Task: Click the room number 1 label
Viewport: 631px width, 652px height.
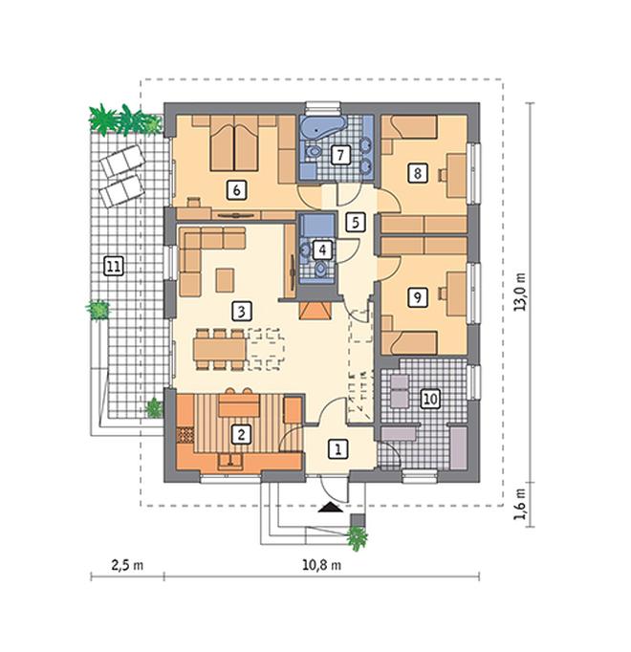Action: [x=337, y=449]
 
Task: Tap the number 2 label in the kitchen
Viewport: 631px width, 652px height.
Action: [x=241, y=435]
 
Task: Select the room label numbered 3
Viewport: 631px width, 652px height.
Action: [x=242, y=311]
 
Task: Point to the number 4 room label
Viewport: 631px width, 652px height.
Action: [x=322, y=250]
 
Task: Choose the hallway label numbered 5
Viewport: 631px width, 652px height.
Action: [x=356, y=223]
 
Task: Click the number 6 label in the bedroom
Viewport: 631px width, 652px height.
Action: [x=236, y=190]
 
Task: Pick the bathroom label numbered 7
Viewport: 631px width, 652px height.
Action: [x=340, y=155]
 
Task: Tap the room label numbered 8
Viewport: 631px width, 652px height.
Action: [x=418, y=172]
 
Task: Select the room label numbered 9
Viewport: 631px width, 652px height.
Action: [x=417, y=297]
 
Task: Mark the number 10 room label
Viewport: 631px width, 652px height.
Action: [x=430, y=399]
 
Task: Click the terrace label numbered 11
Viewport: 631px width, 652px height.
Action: [x=114, y=266]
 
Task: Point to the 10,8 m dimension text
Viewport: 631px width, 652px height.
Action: [x=321, y=565]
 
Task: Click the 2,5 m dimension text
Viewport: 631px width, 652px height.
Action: [x=127, y=565]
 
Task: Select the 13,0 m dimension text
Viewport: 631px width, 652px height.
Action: [x=519, y=292]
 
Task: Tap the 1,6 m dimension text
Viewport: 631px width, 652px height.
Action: [x=519, y=504]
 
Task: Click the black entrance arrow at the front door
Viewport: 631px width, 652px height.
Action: [x=331, y=508]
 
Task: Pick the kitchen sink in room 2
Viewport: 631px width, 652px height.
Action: [x=230, y=462]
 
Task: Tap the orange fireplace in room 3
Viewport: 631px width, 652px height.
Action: [x=315, y=311]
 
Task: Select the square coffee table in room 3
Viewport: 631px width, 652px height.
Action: [x=225, y=280]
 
